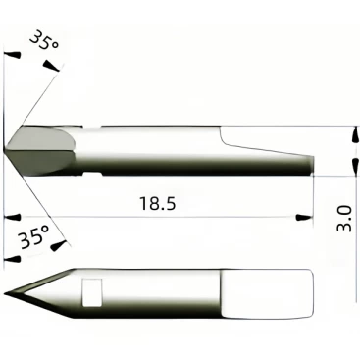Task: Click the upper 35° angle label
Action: click(44, 40)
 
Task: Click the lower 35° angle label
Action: click(33, 237)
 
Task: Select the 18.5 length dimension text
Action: click(158, 203)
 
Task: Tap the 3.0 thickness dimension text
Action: click(344, 219)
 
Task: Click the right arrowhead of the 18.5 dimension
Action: click(304, 218)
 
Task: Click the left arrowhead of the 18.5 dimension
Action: click(13, 218)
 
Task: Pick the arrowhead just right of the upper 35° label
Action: click(52, 66)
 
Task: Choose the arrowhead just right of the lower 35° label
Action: click(60, 245)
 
